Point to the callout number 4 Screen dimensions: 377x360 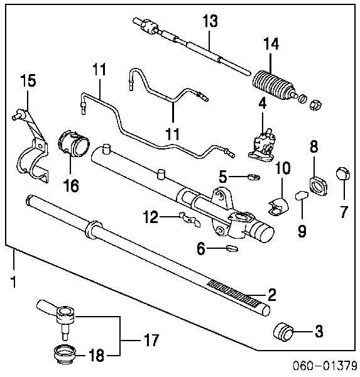[263, 102]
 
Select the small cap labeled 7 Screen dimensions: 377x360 [343, 173]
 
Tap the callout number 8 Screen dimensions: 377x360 [314, 146]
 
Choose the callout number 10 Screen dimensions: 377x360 [283, 168]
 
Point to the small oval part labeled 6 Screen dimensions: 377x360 [231, 249]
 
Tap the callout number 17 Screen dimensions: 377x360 [151, 341]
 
